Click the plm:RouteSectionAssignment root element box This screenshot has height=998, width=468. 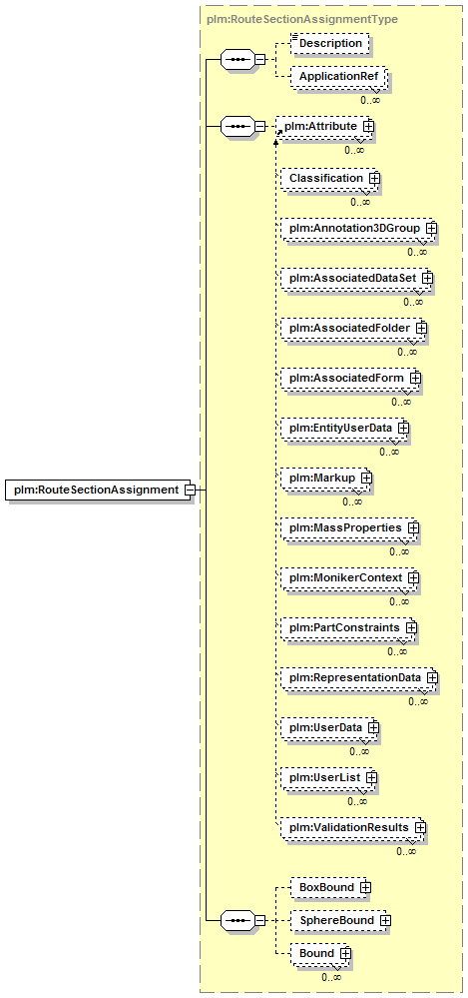[99, 491]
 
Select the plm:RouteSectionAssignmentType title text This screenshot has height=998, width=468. [302, 19]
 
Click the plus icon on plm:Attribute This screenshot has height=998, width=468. [367, 127]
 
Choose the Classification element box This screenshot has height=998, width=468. [328, 179]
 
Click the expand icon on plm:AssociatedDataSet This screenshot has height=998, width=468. [427, 278]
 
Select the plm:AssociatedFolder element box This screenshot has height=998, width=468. [351, 328]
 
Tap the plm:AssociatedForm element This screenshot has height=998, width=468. [349, 378]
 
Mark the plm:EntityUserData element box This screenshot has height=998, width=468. [343, 428]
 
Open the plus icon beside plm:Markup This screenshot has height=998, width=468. [365, 478]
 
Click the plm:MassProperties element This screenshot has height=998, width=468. [348, 528]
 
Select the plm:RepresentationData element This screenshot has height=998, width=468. [358, 678]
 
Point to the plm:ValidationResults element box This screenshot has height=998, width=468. [351, 827]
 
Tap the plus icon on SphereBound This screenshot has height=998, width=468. [385, 920]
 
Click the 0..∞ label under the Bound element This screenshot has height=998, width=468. [330, 977]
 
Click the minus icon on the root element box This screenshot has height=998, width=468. [189, 491]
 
